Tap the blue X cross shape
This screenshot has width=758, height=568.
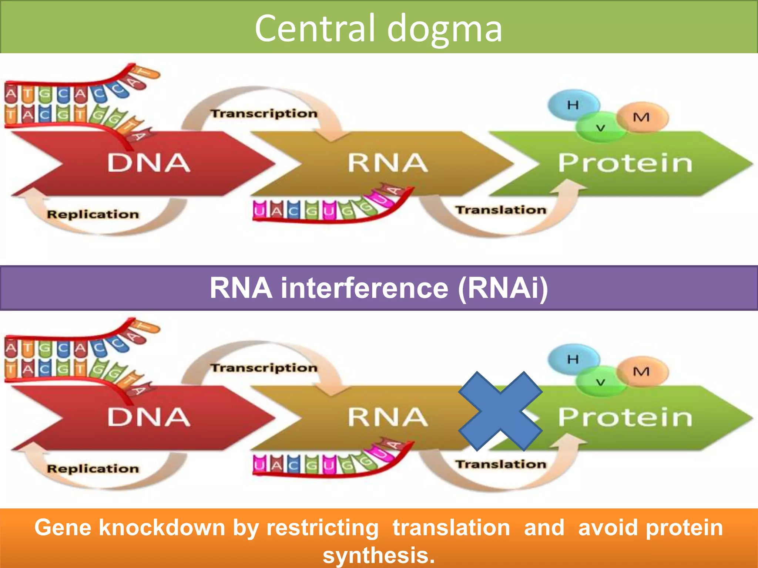click(500, 411)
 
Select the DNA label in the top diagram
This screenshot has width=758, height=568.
click(149, 163)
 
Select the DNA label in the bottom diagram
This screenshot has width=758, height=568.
click(149, 417)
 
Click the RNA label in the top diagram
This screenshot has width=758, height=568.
click(388, 163)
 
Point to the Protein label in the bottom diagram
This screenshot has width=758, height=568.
click(625, 417)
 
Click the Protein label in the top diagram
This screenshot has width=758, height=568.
click(625, 163)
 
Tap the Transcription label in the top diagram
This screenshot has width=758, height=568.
click(264, 113)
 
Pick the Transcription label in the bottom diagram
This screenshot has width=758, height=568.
click(264, 368)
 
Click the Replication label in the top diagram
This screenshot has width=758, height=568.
click(93, 214)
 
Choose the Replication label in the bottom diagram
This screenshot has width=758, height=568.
click(93, 469)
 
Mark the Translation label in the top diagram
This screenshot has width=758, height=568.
click(500, 210)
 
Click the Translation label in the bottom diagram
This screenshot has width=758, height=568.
click(500, 464)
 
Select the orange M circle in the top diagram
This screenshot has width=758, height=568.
click(642, 117)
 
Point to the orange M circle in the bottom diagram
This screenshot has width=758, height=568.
click(642, 371)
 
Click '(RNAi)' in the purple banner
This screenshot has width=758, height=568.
click(503, 288)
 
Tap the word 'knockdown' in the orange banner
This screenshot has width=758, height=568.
click(162, 527)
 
